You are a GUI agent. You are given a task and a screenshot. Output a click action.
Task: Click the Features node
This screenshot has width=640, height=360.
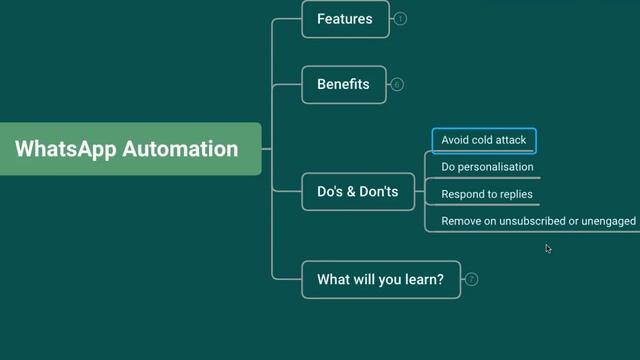(x=345, y=19)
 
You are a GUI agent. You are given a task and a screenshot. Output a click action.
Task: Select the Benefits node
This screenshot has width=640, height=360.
(x=344, y=85)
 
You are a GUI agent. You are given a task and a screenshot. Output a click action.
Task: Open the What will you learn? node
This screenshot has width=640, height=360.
(x=381, y=279)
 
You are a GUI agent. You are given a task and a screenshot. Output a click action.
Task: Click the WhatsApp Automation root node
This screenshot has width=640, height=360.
(x=127, y=149)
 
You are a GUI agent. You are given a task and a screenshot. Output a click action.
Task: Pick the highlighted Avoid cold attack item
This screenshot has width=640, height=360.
(x=484, y=140)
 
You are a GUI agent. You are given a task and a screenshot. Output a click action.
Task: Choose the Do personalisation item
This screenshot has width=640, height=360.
(x=487, y=167)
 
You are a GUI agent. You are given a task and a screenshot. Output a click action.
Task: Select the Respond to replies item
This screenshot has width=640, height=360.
(x=487, y=194)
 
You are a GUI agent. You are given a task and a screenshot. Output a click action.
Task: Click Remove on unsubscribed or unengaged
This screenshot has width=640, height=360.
(x=538, y=221)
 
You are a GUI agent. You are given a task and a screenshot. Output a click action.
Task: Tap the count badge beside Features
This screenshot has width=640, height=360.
(x=401, y=19)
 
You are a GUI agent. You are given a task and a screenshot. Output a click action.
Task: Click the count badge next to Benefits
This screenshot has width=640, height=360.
(x=398, y=85)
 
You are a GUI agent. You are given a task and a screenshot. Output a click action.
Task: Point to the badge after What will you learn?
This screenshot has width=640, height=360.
(x=472, y=279)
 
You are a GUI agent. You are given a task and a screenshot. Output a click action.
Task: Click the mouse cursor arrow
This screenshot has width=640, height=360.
(x=548, y=248)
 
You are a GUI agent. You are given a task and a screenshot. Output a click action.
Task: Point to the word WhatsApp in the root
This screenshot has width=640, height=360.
(x=66, y=149)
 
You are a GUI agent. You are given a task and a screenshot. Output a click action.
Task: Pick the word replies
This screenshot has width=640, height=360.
(x=515, y=194)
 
